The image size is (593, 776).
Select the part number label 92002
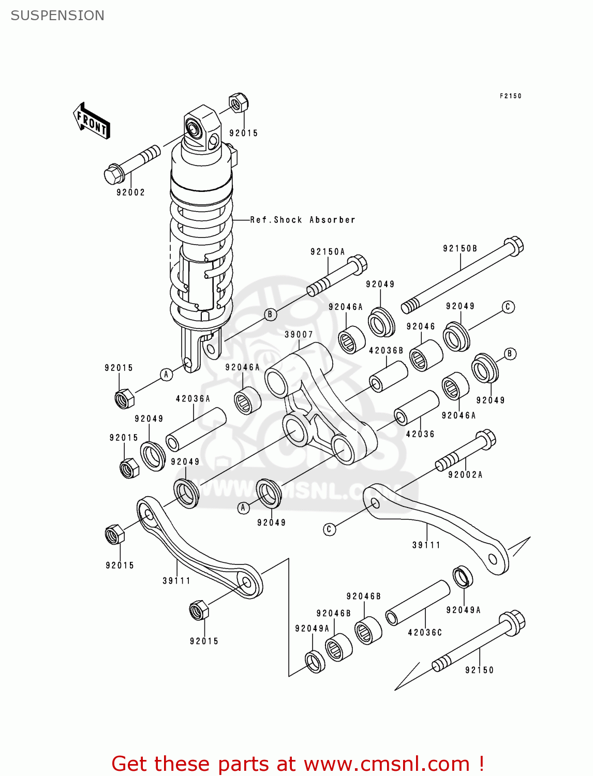point(130,192)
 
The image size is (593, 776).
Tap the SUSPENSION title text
point(57,16)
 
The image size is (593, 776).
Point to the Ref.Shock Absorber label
point(303,220)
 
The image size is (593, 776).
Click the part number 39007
point(299,335)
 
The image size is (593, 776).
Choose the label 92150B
point(460,249)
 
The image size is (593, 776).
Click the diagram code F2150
point(510,96)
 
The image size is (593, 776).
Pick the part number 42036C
point(425,633)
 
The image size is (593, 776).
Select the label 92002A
point(465,475)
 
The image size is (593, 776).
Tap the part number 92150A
point(328,252)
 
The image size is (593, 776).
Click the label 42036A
point(193,399)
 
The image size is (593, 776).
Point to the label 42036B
point(386,351)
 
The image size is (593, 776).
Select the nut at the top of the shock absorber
point(238,103)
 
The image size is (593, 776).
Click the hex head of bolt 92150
point(512,621)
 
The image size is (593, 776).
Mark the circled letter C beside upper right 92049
point(508,307)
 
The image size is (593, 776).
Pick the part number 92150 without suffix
point(479,670)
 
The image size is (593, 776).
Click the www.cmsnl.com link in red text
point(386,764)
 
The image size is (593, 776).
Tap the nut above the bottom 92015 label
point(199,610)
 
